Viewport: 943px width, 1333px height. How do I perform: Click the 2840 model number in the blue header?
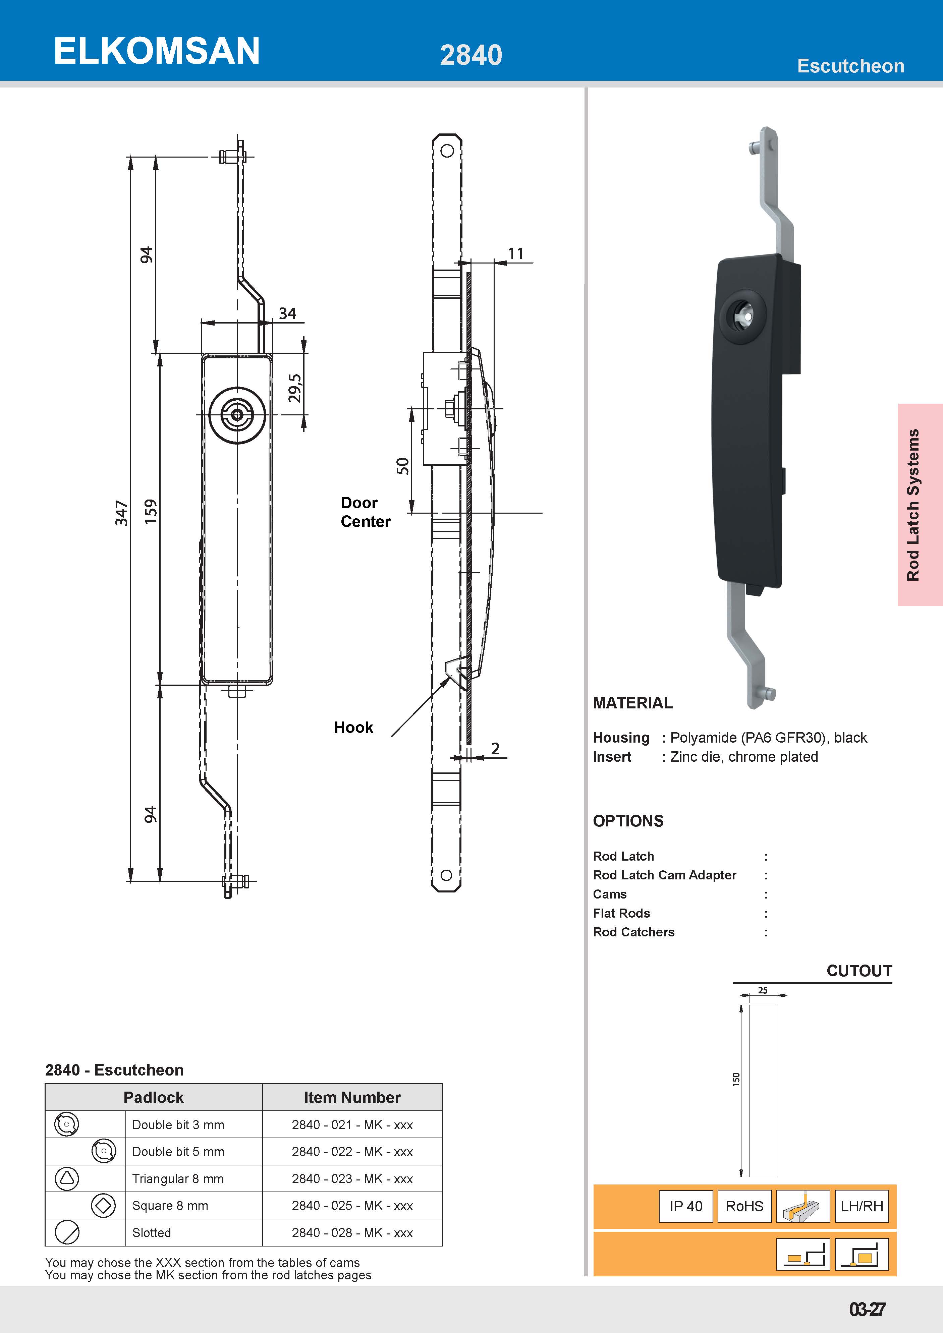470,55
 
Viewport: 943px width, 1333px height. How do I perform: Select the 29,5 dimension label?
295,388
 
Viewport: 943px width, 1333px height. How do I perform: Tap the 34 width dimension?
287,313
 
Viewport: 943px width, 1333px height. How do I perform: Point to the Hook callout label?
353,728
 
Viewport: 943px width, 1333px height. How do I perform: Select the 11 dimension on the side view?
516,254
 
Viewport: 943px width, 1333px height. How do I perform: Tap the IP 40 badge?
686,1206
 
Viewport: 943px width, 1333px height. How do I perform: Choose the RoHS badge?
744,1206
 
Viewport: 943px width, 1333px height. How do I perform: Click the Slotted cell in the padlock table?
152,1232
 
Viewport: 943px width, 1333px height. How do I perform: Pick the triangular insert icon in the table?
67,1178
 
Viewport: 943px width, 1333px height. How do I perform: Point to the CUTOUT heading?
859,971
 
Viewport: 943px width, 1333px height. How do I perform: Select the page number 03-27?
867,1309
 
